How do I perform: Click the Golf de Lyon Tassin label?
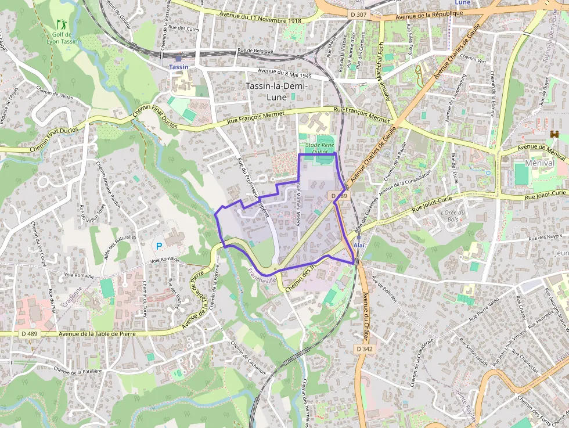62,38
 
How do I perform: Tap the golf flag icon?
62,24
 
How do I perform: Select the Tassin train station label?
178,67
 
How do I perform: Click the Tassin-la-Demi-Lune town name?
276,91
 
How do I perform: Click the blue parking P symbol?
159,246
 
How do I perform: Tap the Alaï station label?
359,246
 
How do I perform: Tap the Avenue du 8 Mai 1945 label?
285,74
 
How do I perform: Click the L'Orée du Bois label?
453,215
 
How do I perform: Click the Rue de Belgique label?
255,51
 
